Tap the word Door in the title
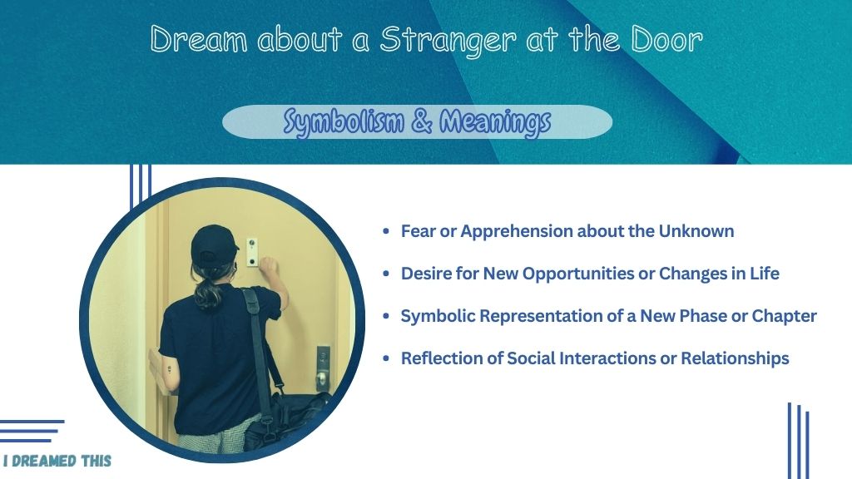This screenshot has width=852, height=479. (666, 39)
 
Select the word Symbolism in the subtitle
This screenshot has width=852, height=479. (344, 121)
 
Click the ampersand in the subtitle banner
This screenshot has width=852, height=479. (422, 121)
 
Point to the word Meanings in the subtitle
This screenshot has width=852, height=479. (495, 122)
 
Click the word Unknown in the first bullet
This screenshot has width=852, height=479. (696, 231)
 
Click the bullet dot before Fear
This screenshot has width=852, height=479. (386, 231)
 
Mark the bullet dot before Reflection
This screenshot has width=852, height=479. (386, 358)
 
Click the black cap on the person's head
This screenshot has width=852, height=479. (214, 246)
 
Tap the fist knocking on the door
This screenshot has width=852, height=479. (269, 266)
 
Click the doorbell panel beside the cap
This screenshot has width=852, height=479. (252, 252)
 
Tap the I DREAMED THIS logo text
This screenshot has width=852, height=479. (57, 462)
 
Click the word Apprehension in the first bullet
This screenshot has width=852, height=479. (517, 232)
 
